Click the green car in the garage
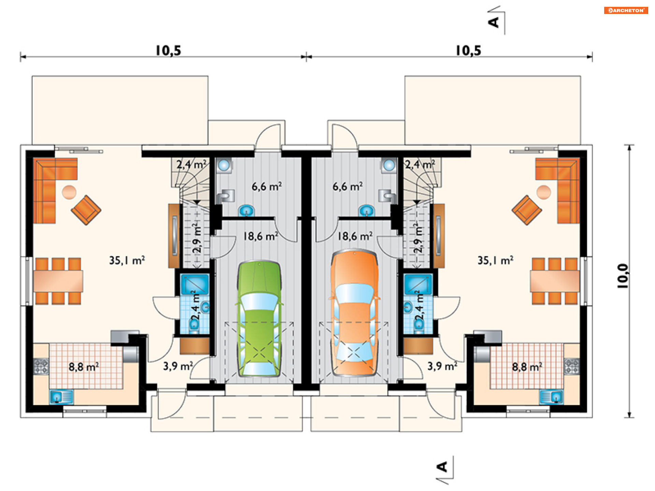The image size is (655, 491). tap(259, 319)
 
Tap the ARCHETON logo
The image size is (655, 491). tap(626, 10)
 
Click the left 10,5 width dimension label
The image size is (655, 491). tap(168, 51)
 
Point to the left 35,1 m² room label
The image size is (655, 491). tap(127, 261)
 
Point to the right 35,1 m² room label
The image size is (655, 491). tap(495, 261)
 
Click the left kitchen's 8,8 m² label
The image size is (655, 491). tap(84, 367)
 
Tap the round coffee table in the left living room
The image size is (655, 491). tap(69, 192)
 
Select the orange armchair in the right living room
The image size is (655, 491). tap(527, 210)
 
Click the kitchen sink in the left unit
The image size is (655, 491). tap(62, 397)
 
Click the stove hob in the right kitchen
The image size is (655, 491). tap(571, 367)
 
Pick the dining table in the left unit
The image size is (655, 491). tap(58, 281)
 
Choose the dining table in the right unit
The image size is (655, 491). tap(555, 281)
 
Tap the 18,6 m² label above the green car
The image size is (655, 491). tap(260, 236)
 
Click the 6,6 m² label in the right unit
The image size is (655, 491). tap(348, 187)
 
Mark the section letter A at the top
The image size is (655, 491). tap(494, 22)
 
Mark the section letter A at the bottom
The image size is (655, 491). tap(442, 466)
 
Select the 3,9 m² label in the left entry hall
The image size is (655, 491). tap(178, 366)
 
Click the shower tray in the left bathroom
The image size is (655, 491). tap(194, 284)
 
